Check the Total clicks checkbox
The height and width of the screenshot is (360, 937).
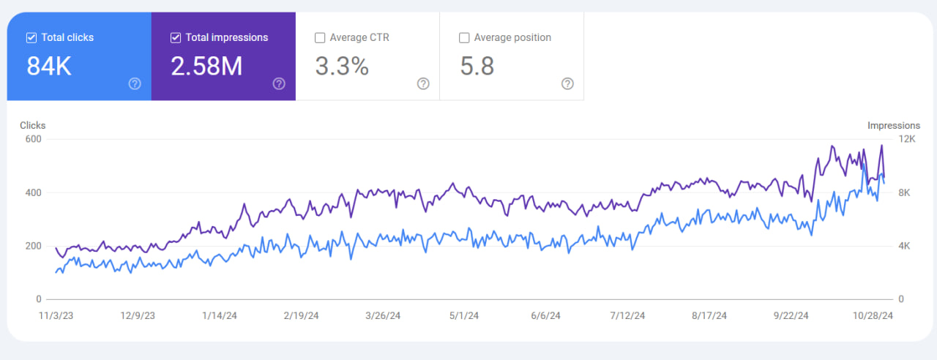point(31,37)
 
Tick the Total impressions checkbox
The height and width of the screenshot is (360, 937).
point(176,37)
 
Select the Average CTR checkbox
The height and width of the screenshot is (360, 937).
point(320,37)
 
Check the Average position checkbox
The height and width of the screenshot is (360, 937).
point(464,37)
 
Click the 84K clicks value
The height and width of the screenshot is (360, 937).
point(48,67)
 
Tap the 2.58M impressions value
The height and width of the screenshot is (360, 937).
point(206,67)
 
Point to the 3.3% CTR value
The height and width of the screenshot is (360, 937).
point(342,67)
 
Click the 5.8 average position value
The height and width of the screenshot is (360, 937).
point(477,67)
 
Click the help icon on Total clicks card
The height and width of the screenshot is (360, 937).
point(135,83)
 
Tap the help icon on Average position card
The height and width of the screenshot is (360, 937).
point(567,83)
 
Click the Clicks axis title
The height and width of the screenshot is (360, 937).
point(33,126)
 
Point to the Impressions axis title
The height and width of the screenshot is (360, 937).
point(893,126)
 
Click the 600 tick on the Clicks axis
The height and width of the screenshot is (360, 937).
point(33,139)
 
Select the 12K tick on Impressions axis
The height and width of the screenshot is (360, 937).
point(906,139)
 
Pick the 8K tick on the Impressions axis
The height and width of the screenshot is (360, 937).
point(904,192)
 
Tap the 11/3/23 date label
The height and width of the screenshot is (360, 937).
point(56,316)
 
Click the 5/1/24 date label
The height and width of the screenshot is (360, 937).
point(463,316)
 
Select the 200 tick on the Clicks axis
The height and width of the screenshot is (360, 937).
point(33,246)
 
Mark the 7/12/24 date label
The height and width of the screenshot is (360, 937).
point(627,316)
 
